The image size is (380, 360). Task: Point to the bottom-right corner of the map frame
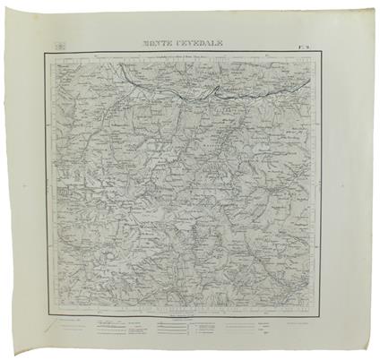321,310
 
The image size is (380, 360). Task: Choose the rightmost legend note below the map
305,320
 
